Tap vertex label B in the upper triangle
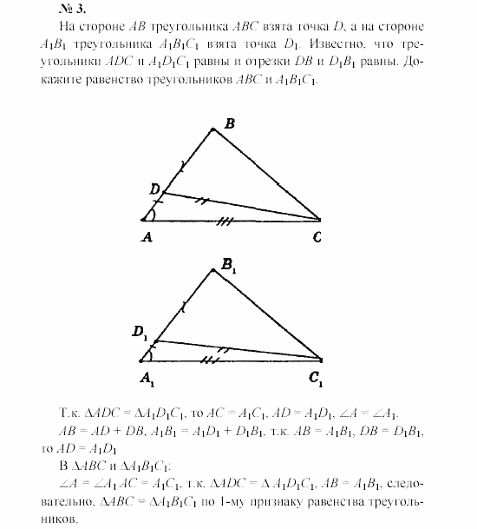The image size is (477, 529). (x=230, y=123)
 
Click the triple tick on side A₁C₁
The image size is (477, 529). (x=208, y=360)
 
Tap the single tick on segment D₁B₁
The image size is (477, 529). (x=183, y=305)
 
